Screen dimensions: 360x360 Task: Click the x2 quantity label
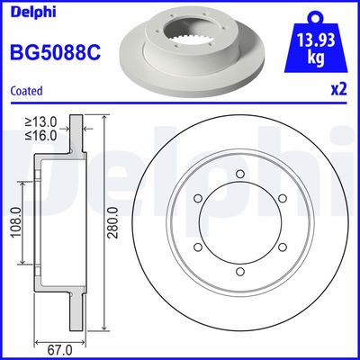[337, 90]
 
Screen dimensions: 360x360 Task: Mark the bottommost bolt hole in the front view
[239, 271]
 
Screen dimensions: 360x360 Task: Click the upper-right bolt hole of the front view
[282, 199]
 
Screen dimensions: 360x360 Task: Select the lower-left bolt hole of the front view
[198, 247]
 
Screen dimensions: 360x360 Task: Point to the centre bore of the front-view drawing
[239, 223]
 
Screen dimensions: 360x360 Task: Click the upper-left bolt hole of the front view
[198, 199]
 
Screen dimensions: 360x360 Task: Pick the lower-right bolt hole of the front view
[282, 247]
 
